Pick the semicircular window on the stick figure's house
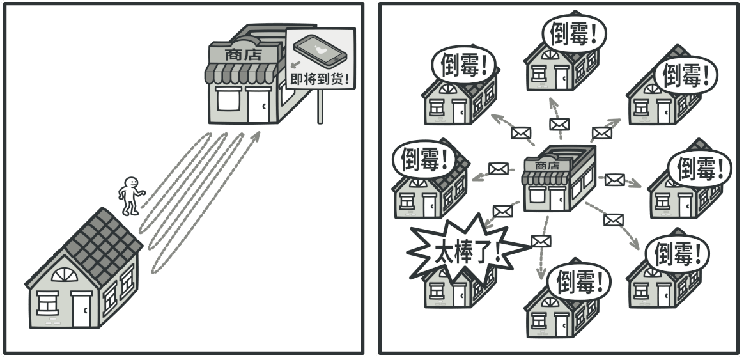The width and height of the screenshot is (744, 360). point(63,276)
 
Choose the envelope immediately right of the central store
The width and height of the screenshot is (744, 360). point(614,180)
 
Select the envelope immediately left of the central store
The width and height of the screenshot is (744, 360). point(498,168)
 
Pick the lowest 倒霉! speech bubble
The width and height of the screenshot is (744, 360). point(581,281)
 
